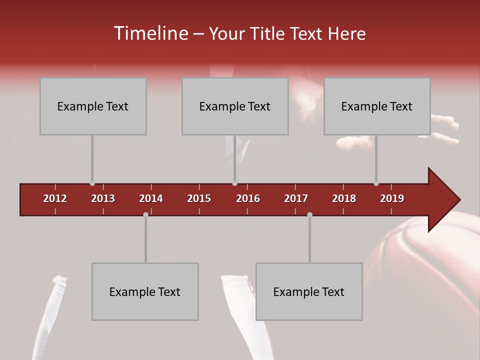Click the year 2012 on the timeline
tap(55, 198)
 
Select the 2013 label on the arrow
tap(103, 198)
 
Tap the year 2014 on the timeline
tap(151, 198)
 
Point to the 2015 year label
tap(199, 198)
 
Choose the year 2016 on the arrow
tap(248, 198)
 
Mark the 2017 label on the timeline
tap(296, 198)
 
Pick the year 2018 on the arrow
tap(344, 198)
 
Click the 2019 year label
tap(392, 198)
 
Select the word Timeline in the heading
tap(150, 33)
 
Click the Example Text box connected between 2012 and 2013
tap(93, 106)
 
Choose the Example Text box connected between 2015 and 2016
tap(235, 106)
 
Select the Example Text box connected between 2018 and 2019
tap(377, 106)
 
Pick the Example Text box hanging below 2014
tap(145, 291)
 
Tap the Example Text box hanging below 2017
tap(309, 291)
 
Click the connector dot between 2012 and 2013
tap(92, 183)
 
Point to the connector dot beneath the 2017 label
tap(309, 214)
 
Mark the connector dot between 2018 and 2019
tap(376, 183)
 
